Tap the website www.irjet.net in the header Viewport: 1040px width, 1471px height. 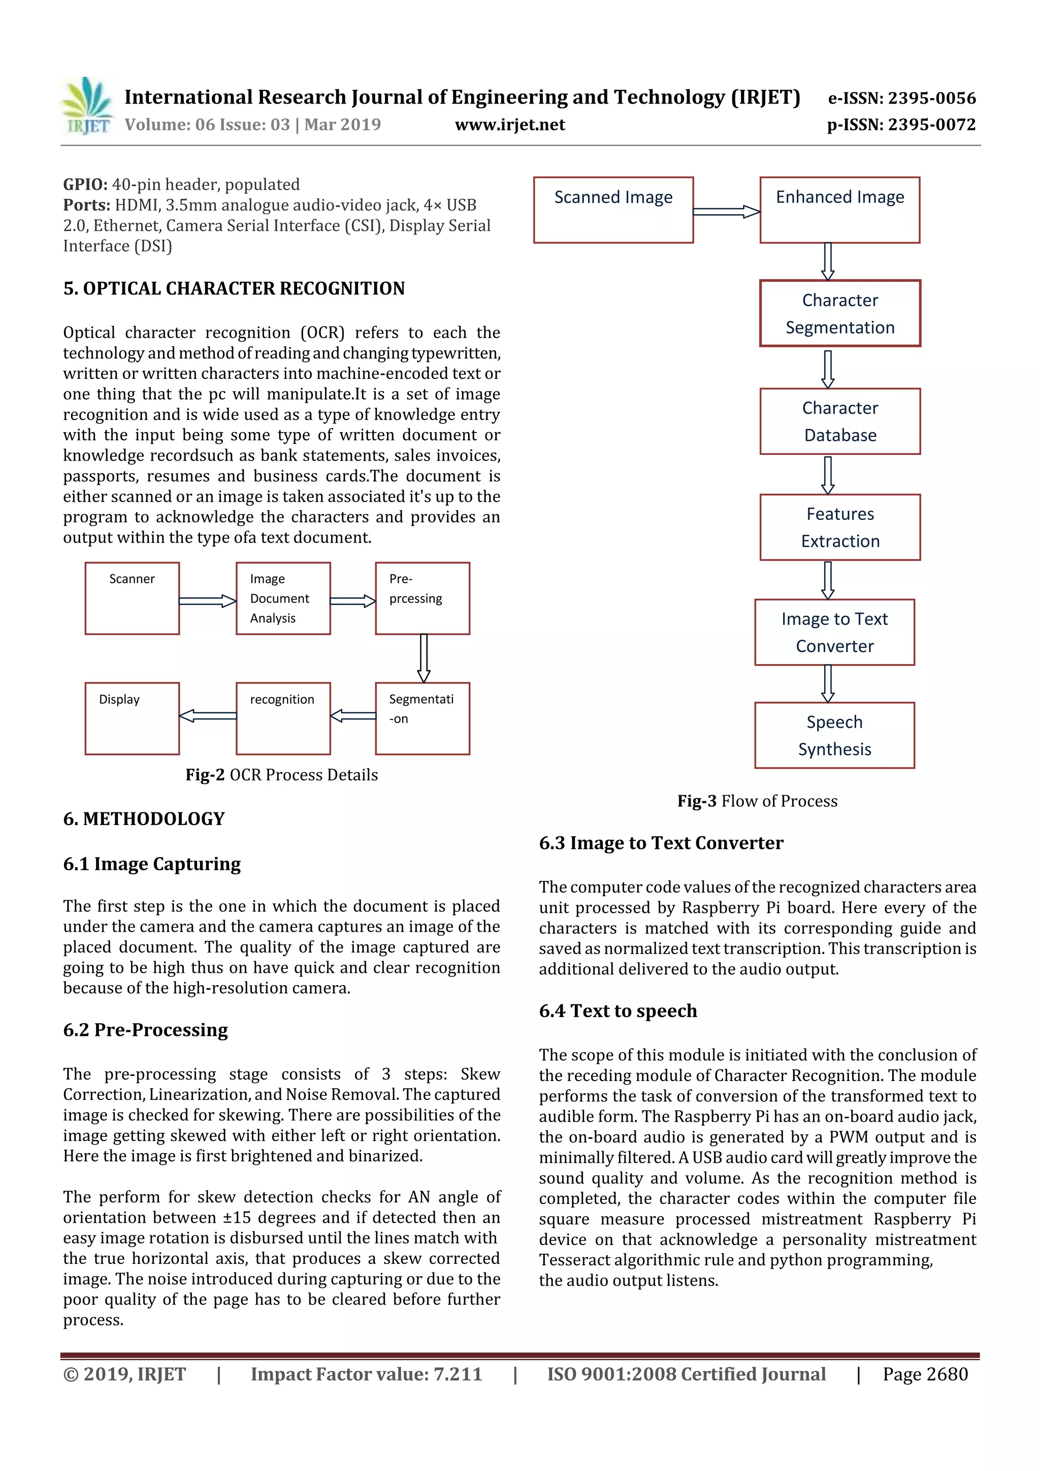(x=509, y=124)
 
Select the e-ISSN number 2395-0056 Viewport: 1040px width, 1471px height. (x=901, y=98)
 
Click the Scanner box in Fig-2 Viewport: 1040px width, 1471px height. (x=132, y=598)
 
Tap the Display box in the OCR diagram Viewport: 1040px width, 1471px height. (x=132, y=718)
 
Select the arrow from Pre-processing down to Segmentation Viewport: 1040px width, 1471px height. (x=424, y=658)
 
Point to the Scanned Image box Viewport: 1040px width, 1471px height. (x=613, y=210)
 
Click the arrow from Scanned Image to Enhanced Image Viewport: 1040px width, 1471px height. (x=727, y=211)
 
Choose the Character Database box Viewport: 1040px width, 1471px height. (x=839, y=421)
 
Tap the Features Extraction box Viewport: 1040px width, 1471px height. (x=839, y=527)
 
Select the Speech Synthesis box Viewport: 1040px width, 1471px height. (x=834, y=735)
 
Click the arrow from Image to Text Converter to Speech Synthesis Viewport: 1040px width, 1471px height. (x=828, y=683)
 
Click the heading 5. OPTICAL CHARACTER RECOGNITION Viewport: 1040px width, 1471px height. (x=234, y=288)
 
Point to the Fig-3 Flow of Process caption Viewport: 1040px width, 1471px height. (x=757, y=801)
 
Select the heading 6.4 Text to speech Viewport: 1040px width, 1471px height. (x=617, y=1010)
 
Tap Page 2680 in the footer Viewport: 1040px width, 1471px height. (x=925, y=1374)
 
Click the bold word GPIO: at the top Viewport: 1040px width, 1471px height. (x=85, y=184)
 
